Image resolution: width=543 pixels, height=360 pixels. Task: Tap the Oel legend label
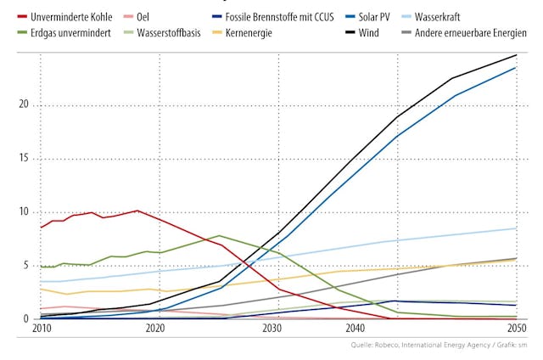pos(143,17)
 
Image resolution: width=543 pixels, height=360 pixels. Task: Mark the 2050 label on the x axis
pos(514,329)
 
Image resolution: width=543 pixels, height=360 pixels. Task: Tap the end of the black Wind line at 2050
pos(516,55)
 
